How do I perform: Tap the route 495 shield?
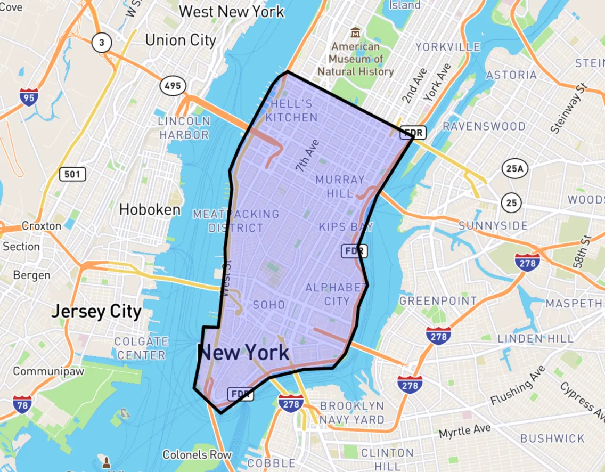point(172,85)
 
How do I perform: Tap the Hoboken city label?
point(150,209)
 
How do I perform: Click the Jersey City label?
point(96,311)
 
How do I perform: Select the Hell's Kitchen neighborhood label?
point(291,110)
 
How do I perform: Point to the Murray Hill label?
point(340,186)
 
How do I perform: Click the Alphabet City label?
point(337,294)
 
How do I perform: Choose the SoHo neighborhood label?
point(269,305)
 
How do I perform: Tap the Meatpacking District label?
point(236,221)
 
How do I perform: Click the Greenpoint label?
point(438,301)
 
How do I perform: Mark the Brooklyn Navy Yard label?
point(352,413)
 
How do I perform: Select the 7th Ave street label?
point(307,155)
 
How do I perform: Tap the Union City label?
point(181,40)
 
